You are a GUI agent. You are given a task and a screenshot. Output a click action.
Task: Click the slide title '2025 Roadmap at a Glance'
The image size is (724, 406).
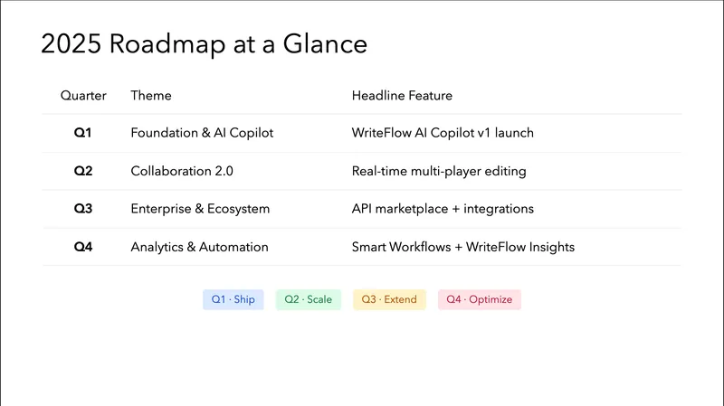[204, 44]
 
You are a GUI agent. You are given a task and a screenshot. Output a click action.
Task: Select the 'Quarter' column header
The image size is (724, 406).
[83, 95]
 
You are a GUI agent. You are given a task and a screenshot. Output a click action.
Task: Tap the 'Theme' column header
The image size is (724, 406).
[151, 95]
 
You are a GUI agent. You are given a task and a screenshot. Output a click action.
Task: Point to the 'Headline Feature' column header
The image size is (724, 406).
[402, 95]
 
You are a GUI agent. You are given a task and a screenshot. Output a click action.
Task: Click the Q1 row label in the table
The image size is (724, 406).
[83, 133]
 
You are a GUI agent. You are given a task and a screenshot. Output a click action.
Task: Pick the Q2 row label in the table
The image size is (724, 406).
[83, 171]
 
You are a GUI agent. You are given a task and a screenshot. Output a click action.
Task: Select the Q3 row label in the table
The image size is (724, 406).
[83, 209]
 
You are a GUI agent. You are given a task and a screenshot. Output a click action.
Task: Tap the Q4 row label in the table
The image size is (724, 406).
[83, 247]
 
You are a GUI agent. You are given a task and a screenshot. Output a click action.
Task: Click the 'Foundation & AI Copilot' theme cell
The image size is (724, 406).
[202, 133]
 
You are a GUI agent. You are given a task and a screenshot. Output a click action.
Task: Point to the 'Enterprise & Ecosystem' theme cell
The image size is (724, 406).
[200, 209]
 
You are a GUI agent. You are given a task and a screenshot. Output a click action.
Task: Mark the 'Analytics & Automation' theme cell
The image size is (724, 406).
[199, 247]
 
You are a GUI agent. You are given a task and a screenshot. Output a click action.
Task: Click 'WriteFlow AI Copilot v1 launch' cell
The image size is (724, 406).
[443, 133]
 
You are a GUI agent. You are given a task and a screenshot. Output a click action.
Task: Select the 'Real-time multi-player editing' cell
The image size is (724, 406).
[439, 171]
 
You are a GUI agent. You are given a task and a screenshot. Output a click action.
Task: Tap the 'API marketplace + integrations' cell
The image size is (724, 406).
[443, 209]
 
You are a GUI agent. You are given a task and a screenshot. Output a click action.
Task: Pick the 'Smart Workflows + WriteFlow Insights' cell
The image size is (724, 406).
[463, 247]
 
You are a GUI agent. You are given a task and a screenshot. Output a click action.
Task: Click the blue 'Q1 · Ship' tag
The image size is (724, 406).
[233, 299]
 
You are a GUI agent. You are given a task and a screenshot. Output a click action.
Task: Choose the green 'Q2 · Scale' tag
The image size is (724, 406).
[308, 299]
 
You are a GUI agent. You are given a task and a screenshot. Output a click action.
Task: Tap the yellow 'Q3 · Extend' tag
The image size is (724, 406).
[389, 299]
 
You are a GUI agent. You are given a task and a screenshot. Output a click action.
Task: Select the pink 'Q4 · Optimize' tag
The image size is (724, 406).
[480, 299]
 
